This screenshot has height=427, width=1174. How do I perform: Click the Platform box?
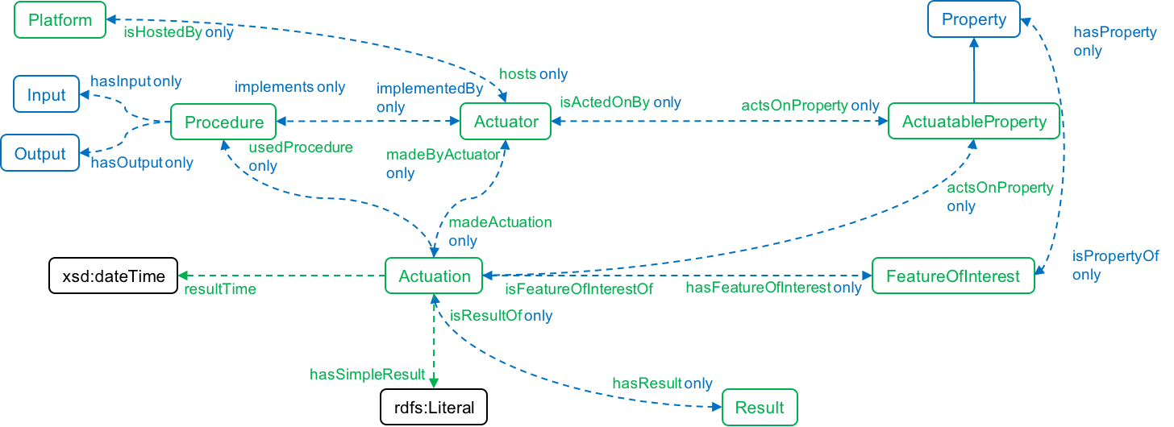pyautogui.click(x=60, y=20)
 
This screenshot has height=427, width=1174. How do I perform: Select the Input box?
pyautogui.click(x=47, y=95)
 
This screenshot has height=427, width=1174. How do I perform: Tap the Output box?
pyautogui.click(x=40, y=154)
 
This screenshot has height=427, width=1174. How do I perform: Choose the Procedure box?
pyautogui.click(x=223, y=122)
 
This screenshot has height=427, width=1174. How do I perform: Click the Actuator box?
pyautogui.click(x=506, y=122)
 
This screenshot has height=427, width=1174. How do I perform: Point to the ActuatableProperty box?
pyautogui.click(x=974, y=122)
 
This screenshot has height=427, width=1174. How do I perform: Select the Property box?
pyautogui.click(x=974, y=19)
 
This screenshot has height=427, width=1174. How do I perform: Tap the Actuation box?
pyautogui.click(x=434, y=276)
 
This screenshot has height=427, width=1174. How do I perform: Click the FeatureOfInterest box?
pyautogui.click(x=953, y=276)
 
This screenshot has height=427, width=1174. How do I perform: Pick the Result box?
pyautogui.click(x=760, y=408)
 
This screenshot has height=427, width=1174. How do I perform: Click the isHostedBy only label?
pyautogui.click(x=178, y=33)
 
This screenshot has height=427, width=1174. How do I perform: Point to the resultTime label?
pyautogui.click(x=220, y=289)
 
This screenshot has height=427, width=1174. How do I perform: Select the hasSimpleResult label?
pyautogui.click(x=368, y=375)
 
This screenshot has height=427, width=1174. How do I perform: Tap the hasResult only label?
pyautogui.click(x=662, y=383)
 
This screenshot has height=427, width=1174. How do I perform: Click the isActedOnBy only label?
pyautogui.click(x=620, y=102)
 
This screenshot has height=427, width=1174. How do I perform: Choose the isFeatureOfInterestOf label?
pyautogui.click(x=578, y=288)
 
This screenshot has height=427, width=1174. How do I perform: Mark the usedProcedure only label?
pyautogui.click(x=301, y=157)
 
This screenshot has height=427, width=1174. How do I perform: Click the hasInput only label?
pyautogui.click(x=135, y=81)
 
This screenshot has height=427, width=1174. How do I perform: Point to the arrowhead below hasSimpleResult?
pyautogui.click(x=433, y=383)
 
